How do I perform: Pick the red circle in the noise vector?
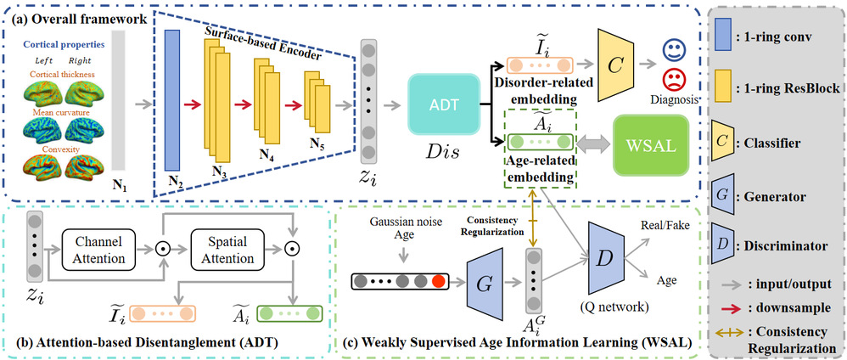pyautogui.click(x=438, y=279)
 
